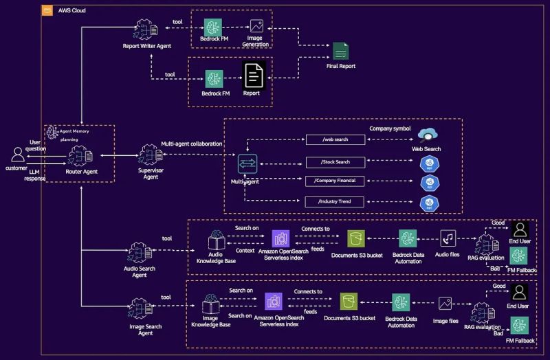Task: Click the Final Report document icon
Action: pos(340,52)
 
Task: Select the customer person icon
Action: pos(18,155)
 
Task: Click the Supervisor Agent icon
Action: pos(150,155)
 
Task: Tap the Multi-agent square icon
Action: pos(247,164)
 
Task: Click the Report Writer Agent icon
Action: pos(146,30)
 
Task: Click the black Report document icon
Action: pos(252,74)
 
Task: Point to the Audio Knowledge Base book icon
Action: pos(217,240)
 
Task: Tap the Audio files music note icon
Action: pos(448,238)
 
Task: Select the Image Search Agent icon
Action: pos(140,311)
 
